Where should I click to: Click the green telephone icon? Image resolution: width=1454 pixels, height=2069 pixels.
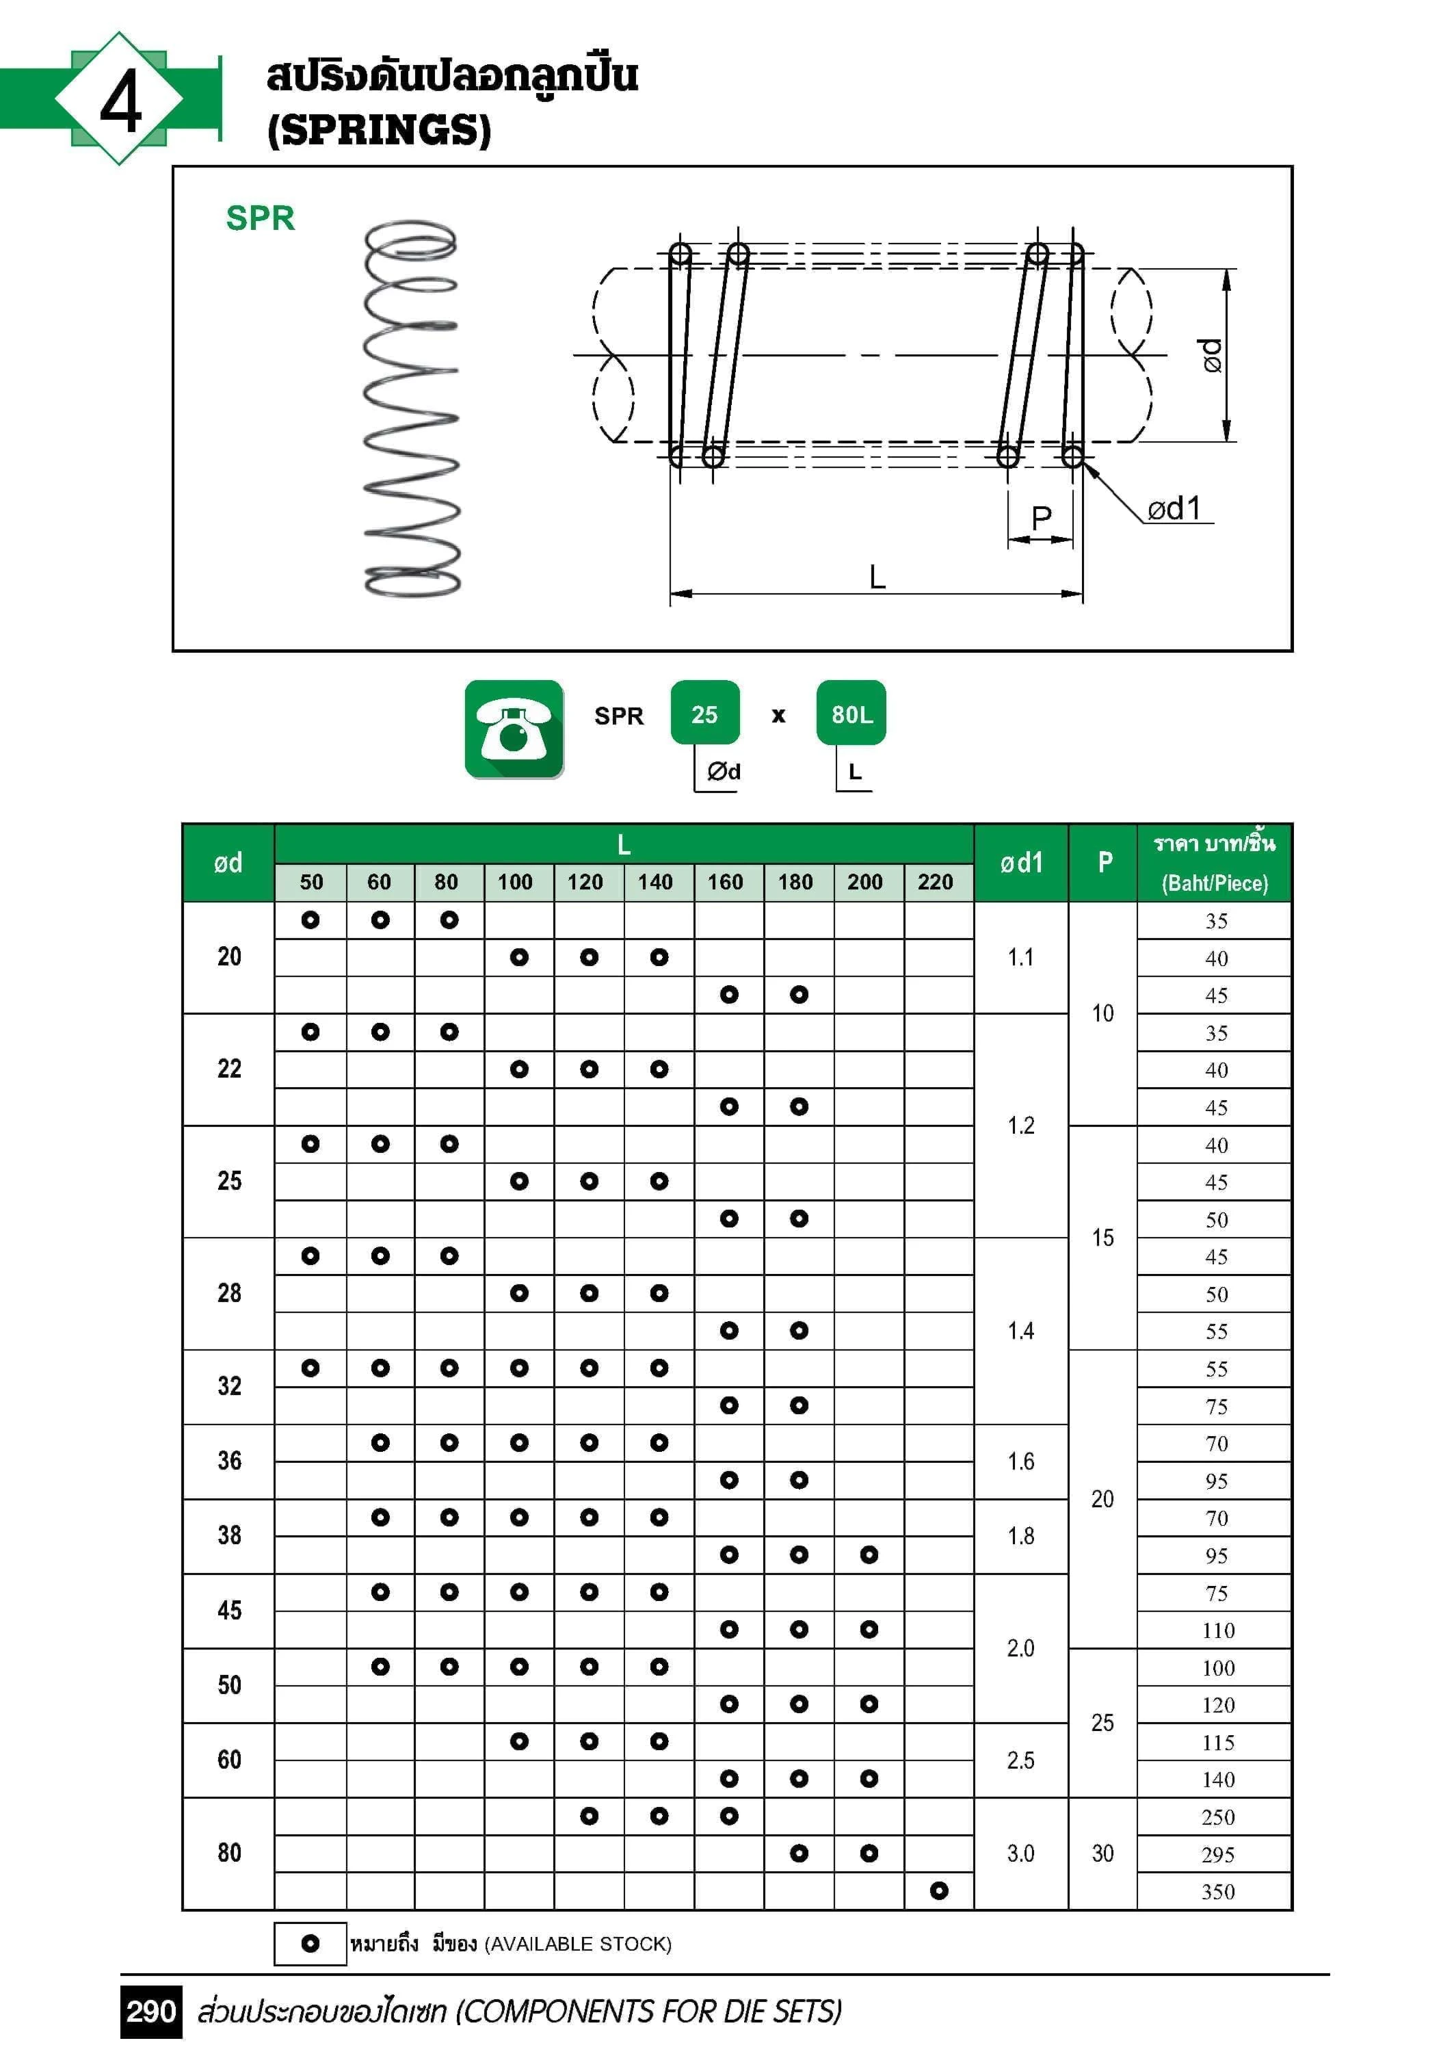click(514, 729)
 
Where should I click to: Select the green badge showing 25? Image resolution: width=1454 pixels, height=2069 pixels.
click(704, 714)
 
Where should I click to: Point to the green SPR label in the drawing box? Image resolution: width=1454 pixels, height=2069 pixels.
click(261, 218)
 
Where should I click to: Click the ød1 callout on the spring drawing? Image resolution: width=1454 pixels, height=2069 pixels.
click(1173, 509)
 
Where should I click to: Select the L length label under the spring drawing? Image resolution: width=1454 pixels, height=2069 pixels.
click(877, 577)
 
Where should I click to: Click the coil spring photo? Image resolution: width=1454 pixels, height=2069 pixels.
click(412, 408)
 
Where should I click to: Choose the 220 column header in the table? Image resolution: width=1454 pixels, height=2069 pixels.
click(935, 882)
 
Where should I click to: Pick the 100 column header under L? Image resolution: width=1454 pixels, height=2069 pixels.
click(515, 882)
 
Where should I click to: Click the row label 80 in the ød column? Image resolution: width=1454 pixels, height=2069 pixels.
click(229, 1853)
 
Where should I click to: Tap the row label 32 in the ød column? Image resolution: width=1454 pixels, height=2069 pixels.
click(229, 1386)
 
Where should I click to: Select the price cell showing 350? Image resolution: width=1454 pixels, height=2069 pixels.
click(1217, 1892)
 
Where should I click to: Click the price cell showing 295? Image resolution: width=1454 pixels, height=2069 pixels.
click(1217, 1855)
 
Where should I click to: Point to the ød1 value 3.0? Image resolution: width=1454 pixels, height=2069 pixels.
click(1020, 1853)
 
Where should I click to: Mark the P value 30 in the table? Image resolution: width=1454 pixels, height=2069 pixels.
click(1102, 1853)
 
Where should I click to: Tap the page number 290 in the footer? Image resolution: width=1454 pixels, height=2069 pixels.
click(150, 2012)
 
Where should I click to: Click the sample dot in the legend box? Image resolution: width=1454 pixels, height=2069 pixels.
click(310, 1944)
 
